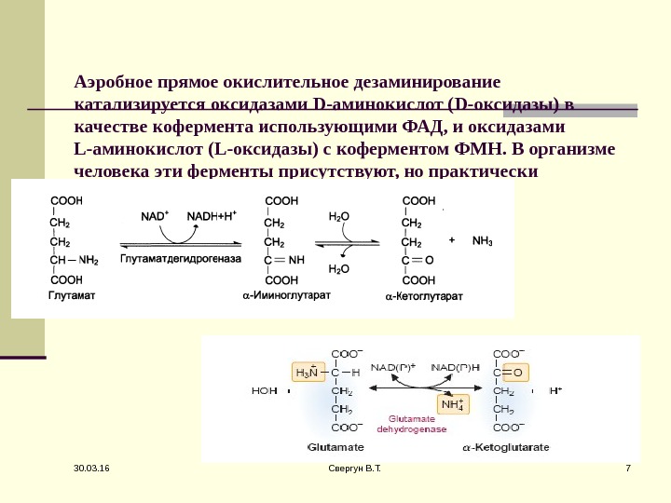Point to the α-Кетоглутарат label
424,296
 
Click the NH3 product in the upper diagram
483,240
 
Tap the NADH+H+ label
212,216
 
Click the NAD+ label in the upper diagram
155,216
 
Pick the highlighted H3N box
307,374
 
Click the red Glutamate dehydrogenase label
412,425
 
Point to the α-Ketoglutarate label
506,447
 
